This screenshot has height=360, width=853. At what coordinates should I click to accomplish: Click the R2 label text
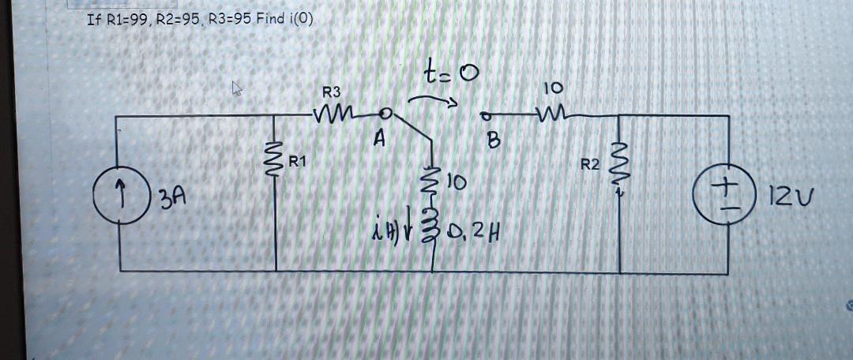point(590,165)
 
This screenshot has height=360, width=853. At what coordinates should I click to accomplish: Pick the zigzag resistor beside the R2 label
point(621,164)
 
